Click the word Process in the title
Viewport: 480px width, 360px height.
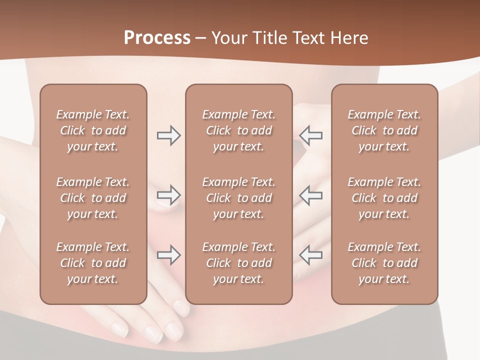pos(157,38)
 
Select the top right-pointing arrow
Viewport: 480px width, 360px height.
pos(168,135)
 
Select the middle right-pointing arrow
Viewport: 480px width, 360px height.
pos(168,195)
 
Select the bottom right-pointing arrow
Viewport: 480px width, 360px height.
pos(168,255)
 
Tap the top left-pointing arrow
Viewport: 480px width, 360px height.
pos(311,135)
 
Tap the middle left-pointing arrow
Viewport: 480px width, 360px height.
pos(311,195)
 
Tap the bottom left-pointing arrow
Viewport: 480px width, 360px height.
pos(311,255)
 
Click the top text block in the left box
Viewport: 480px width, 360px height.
pos(93,130)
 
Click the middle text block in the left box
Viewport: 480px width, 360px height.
pos(93,198)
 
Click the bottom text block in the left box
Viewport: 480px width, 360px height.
pos(93,263)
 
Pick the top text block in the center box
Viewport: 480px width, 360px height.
pos(238,130)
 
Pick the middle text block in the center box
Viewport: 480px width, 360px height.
pos(238,198)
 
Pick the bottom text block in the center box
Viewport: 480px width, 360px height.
pos(238,263)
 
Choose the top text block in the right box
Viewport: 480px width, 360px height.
pos(384,130)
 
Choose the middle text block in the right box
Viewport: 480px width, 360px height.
pos(384,198)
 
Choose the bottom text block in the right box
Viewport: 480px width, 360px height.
pos(384,263)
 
